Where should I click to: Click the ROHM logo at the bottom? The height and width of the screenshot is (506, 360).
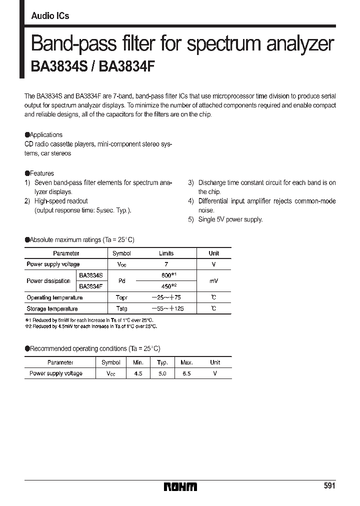(180, 486)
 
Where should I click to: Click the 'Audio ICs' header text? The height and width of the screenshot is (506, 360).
(50, 16)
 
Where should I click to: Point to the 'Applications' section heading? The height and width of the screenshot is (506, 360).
(46, 134)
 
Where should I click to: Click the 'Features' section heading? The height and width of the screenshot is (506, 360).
(41, 173)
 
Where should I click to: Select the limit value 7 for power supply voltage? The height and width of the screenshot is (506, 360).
(166, 264)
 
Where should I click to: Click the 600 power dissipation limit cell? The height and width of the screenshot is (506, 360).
(166, 275)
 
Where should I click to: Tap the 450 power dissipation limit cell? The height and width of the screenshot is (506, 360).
(166, 286)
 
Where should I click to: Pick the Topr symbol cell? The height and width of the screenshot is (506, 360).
(121, 297)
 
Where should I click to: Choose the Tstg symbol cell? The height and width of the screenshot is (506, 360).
(121, 308)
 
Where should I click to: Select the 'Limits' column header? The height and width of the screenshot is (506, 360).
(166, 253)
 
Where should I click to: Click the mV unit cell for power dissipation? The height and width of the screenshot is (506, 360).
(213, 281)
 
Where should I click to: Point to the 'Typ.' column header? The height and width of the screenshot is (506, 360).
(162, 362)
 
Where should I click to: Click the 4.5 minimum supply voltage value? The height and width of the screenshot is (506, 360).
(138, 373)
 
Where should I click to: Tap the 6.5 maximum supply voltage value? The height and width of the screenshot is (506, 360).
(186, 373)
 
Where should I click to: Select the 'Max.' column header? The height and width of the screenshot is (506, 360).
(186, 362)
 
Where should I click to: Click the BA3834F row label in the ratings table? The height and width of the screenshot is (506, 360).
(90, 286)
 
